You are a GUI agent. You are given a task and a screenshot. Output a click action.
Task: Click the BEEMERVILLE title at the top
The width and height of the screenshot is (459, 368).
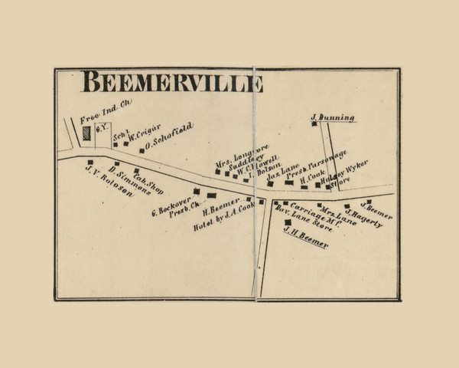click(x=172, y=81)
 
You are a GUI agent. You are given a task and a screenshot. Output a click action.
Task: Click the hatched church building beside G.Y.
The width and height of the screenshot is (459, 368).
click(x=86, y=133)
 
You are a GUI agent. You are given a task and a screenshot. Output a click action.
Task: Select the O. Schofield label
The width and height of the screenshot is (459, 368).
click(x=167, y=136)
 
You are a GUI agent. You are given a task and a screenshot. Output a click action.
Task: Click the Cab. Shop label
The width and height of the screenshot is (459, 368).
click(x=148, y=182)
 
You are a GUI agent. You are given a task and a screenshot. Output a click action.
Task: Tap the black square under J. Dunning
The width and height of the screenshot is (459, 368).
click(x=314, y=123)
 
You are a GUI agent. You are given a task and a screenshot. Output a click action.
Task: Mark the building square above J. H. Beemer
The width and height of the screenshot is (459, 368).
click(x=288, y=222)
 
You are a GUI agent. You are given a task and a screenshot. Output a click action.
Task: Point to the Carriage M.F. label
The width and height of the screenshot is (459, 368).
click(x=307, y=213)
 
